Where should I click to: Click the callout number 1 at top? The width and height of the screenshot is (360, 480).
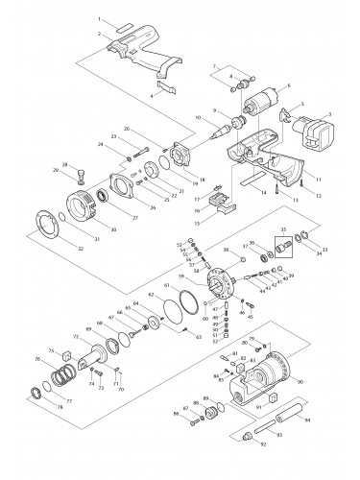(99, 19)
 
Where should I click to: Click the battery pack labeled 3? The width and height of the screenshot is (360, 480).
(312, 129)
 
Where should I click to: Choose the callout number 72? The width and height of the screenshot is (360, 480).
(77, 338)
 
